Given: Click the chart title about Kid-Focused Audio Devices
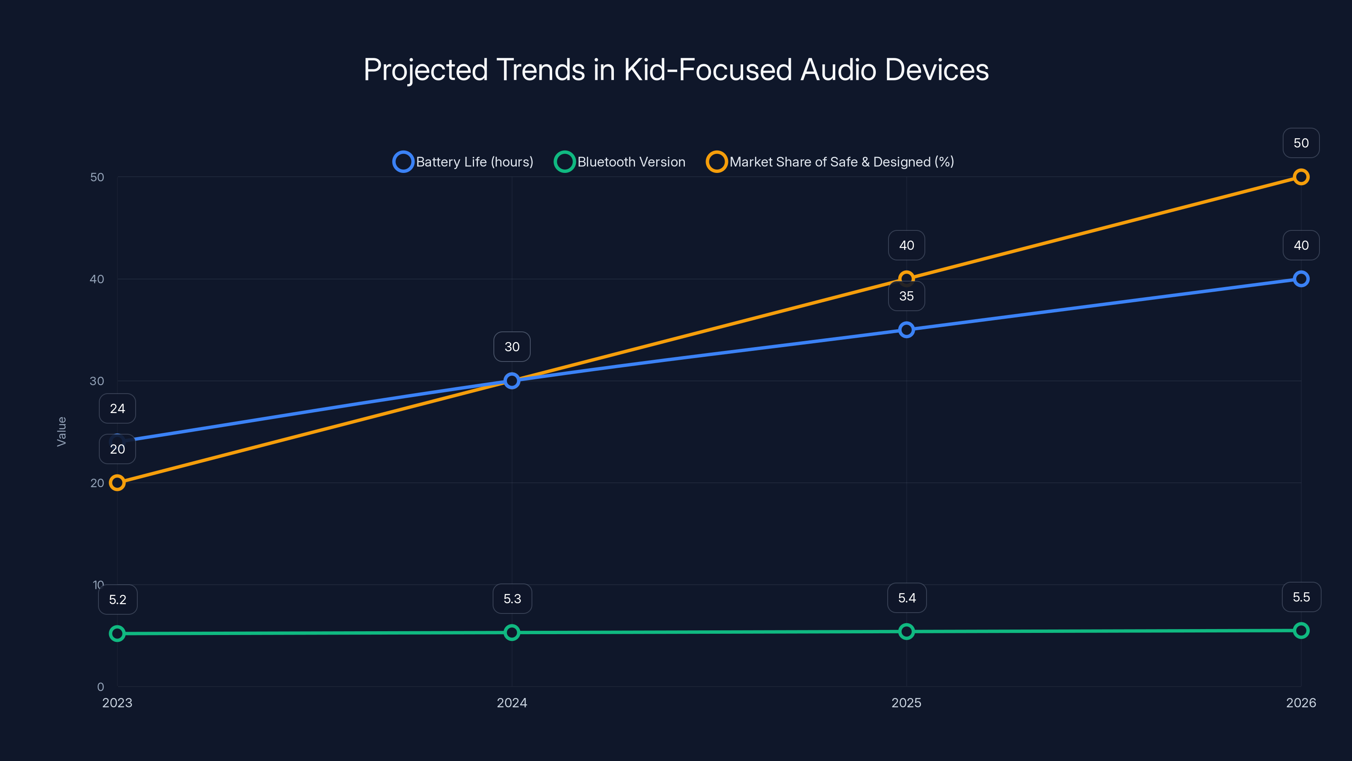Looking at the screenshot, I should pyautogui.click(x=676, y=70).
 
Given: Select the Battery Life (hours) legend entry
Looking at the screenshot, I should pyautogui.click(x=463, y=162).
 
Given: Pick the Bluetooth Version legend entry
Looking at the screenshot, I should pyautogui.click(x=620, y=162).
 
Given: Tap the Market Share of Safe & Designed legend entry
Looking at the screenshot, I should pyautogui.click(x=830, y=162).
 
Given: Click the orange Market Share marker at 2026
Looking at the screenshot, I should pyautogui.click(x=1300, y=177).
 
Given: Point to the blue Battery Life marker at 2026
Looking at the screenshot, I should pyautogui.click(x=1300, y=279).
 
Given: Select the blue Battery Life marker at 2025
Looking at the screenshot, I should pyautogui.click(x=906, y=330).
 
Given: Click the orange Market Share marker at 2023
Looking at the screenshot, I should pyautogui.click(x=117, y=483).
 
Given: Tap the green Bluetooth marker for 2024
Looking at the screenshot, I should pyautogui.click(x=512, y=632).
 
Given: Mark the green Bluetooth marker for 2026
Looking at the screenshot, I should pyautogui.click(x=1300, y=630).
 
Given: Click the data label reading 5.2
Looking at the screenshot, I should pyautogui.click(x=117, y=600).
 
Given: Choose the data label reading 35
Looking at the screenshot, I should pyautogui.click(x=906, y=296).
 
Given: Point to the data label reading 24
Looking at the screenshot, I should pyautogui.click(x=117, y=408).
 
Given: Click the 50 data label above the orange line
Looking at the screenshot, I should pyautogui.click(x=1300, y=143).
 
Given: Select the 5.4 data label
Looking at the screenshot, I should pyautogui.click(x=906, y=598).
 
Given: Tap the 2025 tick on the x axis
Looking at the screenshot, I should pyautogui.click(x=906, y=703).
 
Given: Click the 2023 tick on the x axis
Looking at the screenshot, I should pyautogui.click(x=117, y=703).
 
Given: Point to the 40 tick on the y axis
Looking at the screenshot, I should pyautogui.click(x=97, y=279).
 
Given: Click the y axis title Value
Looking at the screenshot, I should pyautogui.click(x=61, y=432).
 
